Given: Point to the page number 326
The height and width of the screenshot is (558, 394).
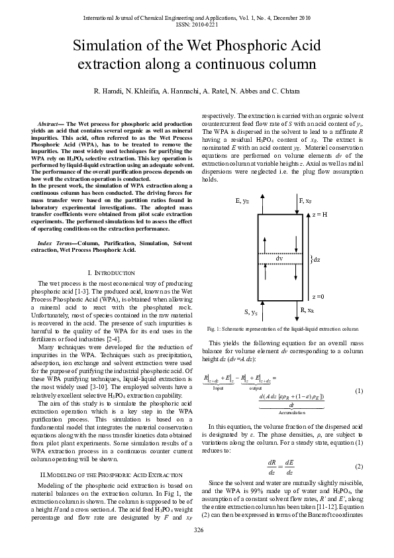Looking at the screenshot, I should [x=197, y=533].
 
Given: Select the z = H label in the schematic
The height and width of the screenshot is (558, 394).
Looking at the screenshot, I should [x=321, y=215].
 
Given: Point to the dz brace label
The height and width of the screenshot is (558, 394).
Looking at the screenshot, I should [x=316, y=260].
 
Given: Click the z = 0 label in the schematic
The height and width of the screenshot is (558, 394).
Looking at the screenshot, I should [x=319, y=297].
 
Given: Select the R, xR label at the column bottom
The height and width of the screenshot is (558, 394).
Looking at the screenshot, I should [x=307, y=309].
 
